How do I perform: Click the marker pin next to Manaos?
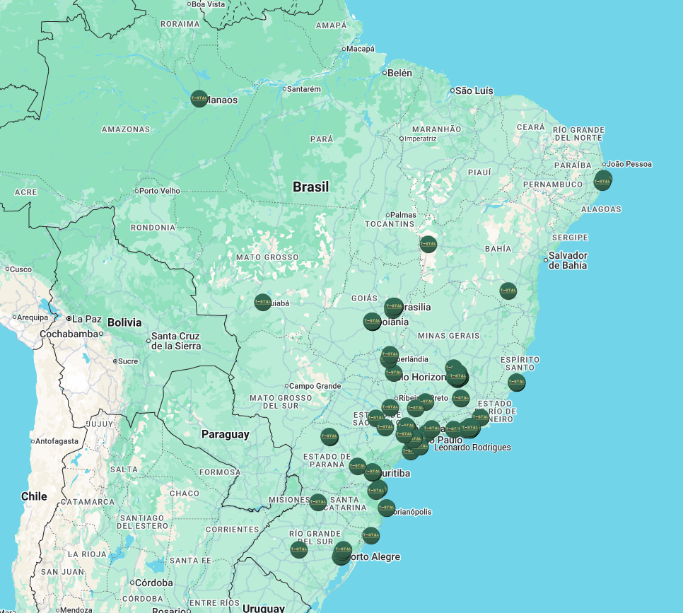pos(199,99)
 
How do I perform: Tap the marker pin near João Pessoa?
pos(602,180)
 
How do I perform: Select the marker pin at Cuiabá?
pos(262,302)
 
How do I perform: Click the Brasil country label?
pos(311,187)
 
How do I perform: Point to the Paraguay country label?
pos(225,434)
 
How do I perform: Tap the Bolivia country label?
pos(125,322)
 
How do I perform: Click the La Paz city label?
pos(87,319)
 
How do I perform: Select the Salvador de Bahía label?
pos(568,259)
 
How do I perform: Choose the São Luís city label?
pos(474,91)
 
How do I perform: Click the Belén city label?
pos(399,73)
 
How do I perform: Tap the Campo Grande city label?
pos(315,386)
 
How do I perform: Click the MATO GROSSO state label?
pos(267,257)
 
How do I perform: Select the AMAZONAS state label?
pos(126,129)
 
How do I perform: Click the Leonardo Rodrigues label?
pos(472,448)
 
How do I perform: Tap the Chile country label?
pos(34,496)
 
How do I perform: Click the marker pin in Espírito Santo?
pos(516,383)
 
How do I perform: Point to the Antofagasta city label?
pos(63,441)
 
